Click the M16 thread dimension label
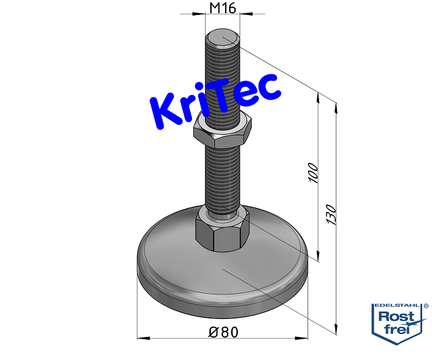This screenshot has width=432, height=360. point(222,7)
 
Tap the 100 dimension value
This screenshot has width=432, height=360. point(313,173)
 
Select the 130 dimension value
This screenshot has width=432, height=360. point(332,214)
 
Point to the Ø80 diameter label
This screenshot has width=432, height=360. point(223,332)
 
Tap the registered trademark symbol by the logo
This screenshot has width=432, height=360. point(426,306)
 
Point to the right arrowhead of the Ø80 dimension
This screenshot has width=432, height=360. point(305,338)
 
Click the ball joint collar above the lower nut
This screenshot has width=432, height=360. point(222,213)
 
